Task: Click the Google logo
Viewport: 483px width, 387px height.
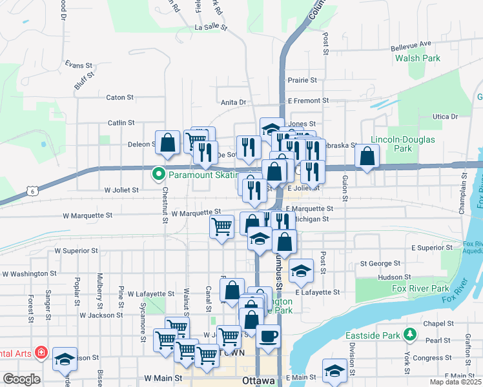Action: click(x=21, y=379)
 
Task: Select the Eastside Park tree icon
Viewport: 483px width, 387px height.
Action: click(x=409, y=334)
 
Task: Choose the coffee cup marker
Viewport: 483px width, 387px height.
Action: click(x=269, y=336)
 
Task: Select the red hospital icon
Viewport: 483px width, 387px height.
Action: click(x=41, y=353)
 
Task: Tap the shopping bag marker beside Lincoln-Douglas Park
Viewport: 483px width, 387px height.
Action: click(x=367, y=155)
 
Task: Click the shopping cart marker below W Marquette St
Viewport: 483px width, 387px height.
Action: click(x=222, y=226)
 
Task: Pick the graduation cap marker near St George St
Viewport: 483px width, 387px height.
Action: click(x=300, y=271)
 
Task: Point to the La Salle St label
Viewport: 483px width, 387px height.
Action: click(x=212, y=28)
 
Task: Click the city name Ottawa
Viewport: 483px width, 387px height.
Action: click(x=259, y=380)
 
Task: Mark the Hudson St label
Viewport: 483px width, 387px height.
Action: click(x=390, y=277)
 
